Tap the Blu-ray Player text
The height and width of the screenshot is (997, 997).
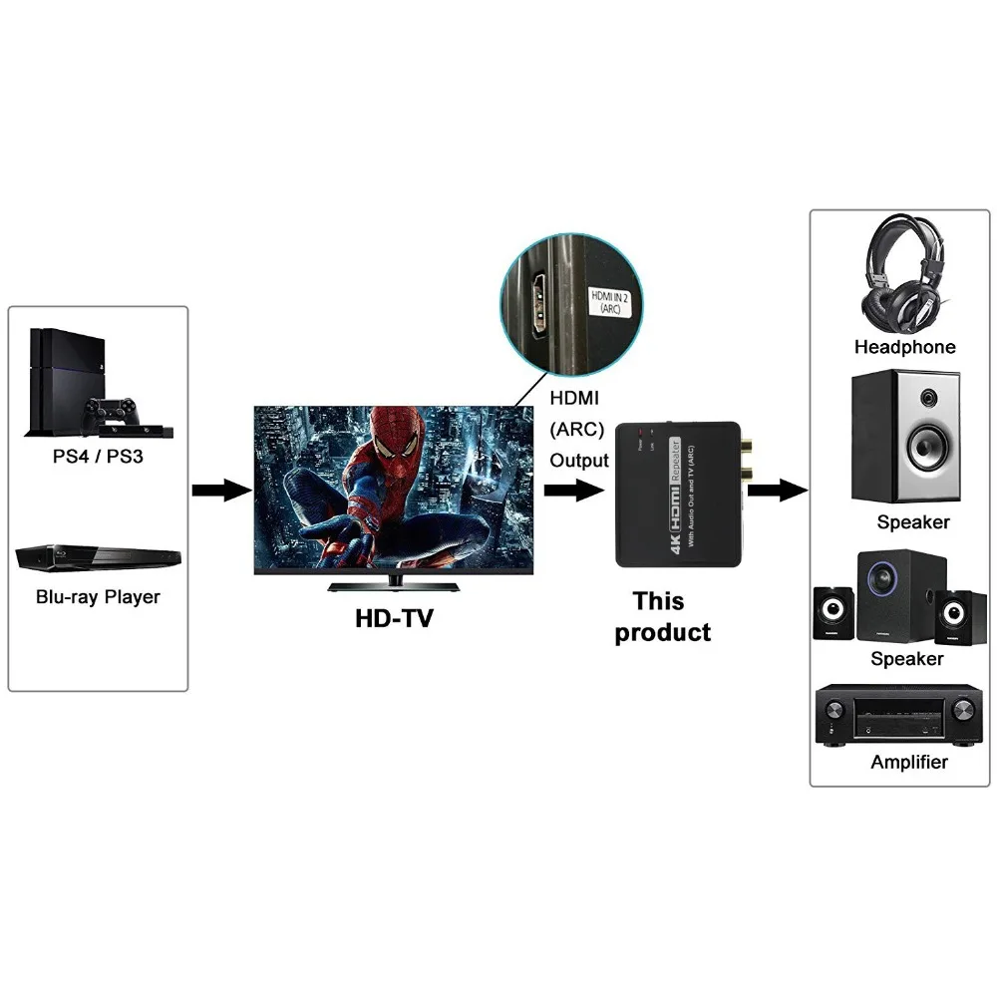pos(98,597)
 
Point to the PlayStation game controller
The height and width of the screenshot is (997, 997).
pos(112,410)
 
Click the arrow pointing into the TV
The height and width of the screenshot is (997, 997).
pos(220,490)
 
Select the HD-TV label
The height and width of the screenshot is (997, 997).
pos(395,619)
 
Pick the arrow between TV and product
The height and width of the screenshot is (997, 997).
pos(573,490)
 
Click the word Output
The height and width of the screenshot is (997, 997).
pos(579,461)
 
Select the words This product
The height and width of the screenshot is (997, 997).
pos(661,617)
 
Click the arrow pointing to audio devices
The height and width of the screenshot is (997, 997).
pos(777,490)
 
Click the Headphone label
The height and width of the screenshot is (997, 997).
pos(904,347)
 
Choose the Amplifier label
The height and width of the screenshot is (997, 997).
pos(908,762)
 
